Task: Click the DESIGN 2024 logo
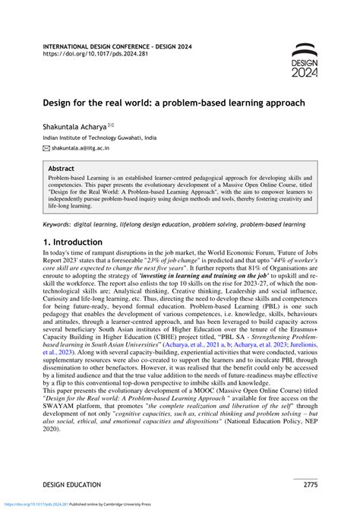(x=305, y=60)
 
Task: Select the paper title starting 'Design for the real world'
(x=174, y=102)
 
